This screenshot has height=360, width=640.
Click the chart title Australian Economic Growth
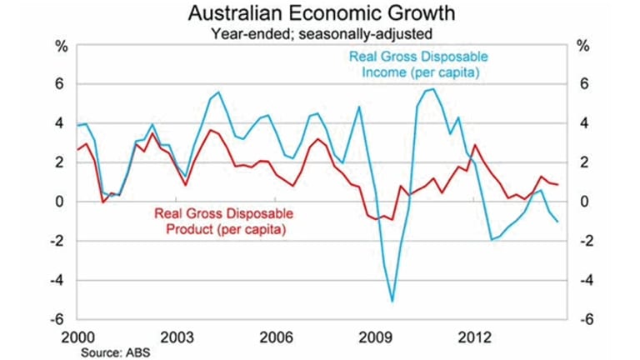point(320,14)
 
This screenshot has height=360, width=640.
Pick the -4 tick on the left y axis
point(57,280)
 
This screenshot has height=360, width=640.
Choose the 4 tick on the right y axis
point(585,123)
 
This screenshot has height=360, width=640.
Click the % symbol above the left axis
point(60,46)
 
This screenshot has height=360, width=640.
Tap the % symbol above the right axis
point(585,46)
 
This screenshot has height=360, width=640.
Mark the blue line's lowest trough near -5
point(392,302)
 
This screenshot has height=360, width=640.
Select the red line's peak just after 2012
point(475,145)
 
